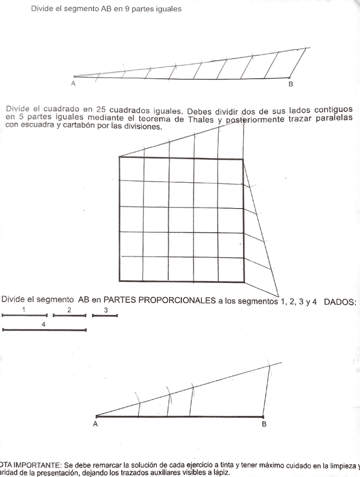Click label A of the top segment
(74, 84)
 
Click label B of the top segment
(290, 84)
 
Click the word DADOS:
(340, 301)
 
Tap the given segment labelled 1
(25, 316)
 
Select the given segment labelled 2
(69, 316)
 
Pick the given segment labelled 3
(105, 316)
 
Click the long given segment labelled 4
(44, 330)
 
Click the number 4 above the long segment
(43, 324)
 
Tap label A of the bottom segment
(96, 424)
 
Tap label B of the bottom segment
(264, 424)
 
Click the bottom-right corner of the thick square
(244, 281)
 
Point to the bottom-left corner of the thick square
(120, 281)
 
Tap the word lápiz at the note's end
(218, 473)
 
